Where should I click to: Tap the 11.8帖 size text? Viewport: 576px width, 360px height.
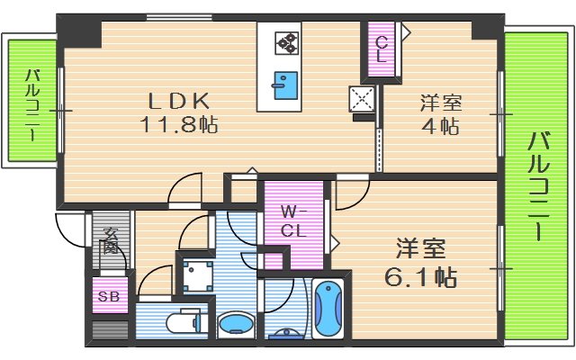click(x=178, y=124)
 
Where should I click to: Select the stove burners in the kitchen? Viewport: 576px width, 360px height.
click(x=287, y=42)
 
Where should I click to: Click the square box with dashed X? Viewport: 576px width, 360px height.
click(x=363, y=99)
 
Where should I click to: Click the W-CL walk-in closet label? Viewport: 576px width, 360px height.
click(x=292, y=221)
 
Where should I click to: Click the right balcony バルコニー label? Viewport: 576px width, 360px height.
click(x=537, y=185)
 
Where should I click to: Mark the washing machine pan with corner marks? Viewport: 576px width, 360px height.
click(x=195, y=274)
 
